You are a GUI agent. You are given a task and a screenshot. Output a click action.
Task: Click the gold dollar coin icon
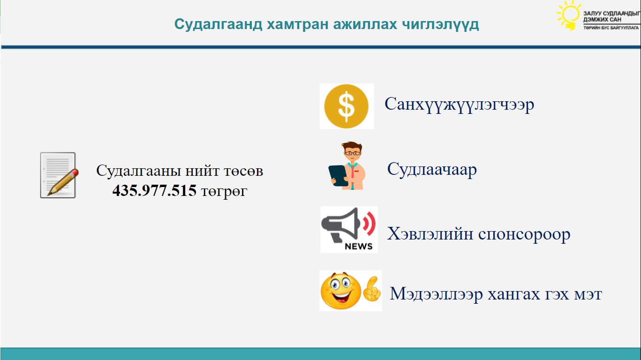pyautogui.click(x=346, y=106)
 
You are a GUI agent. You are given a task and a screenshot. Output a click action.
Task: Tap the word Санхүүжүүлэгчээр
pyautogui.click(x=459, y=105)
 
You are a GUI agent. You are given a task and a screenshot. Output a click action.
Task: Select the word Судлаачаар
pyautogui.click(x=432, y=170)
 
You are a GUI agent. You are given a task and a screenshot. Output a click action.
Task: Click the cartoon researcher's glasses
pyautogui.click(x=352, y=153)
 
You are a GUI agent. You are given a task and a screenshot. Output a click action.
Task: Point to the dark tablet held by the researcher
pyautogui.click(x=338, y=175)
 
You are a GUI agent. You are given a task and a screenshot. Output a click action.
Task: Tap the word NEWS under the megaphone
pyautogui.click(x=359, y=247)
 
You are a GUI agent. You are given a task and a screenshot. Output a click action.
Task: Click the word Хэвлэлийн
pyautogui.click(x=430, y=234)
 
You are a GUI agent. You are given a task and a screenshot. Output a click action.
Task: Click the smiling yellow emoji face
pyautogui.click(x=341, y=291)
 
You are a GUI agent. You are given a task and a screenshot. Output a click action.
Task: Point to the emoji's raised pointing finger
pyautogui.click(x=372, y=289)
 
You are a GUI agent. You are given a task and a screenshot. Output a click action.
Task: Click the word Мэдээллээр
pyautogui.click(x=437, y=294)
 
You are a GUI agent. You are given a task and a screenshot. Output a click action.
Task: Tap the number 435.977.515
pyautogui.click(x=154, y=190)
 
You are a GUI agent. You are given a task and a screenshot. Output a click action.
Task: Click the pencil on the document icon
pyautogui.click(x=63, y=182)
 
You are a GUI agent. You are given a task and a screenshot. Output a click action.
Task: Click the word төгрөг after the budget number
pyautogui.click(x=224, y=191)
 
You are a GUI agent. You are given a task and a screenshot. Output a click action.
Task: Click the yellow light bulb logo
pyautogui.click(x=569, y=15)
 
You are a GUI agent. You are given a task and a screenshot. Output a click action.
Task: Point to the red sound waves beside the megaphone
pyautogui.click(x=369, y=223)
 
